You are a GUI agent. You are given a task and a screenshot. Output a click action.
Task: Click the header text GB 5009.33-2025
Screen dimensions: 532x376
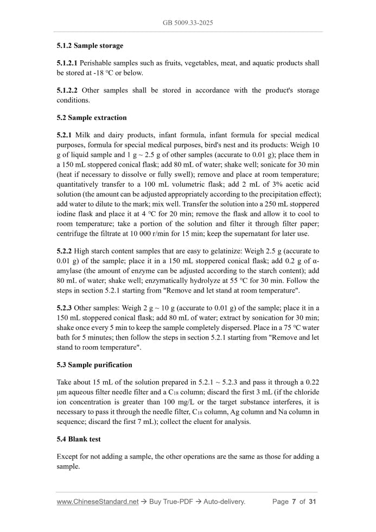(x=188, y=23)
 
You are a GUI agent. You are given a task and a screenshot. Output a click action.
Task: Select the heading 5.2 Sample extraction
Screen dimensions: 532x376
(x=92, y=117)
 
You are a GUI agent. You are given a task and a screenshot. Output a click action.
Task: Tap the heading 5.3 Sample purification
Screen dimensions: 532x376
(x=94, y=364)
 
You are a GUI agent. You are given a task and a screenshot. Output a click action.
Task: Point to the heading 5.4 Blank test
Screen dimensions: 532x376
(x=79, y=439)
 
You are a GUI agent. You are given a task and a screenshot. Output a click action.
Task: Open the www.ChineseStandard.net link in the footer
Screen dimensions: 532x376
(x=98, y=502)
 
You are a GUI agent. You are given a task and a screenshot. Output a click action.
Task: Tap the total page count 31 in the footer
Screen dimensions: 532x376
(x=312, y=502)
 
